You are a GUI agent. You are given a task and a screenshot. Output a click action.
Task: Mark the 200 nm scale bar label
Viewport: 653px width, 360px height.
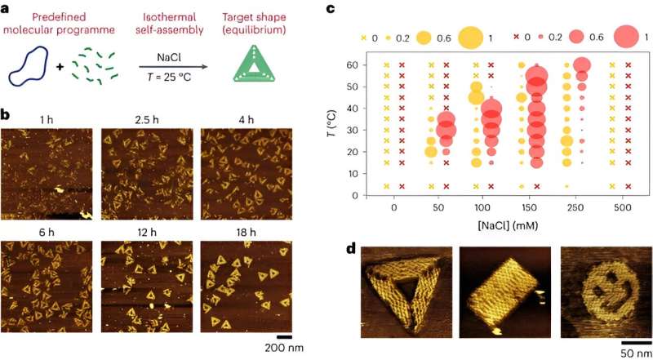point(284,349)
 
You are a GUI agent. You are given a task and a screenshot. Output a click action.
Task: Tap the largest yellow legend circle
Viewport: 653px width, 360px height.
point(471,38)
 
